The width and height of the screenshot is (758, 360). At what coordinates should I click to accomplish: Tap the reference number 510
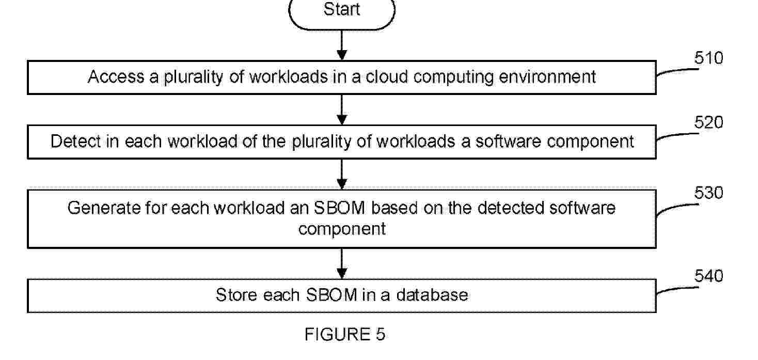pos(708,58)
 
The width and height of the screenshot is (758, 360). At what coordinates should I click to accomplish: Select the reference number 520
pos(708,122)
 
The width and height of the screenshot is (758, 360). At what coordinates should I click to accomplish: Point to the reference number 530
pos(708,193)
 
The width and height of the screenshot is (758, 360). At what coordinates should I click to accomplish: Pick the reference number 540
pos(708,276)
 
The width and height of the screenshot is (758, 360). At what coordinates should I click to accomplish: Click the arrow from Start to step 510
pos(342,45)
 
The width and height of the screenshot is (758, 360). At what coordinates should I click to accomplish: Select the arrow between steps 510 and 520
pos(342,109)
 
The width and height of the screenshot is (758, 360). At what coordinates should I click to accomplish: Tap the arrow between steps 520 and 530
pos(342,174)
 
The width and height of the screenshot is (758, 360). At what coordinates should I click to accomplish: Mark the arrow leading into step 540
pos(342,263)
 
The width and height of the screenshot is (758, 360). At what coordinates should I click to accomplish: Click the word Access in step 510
pos(116,77)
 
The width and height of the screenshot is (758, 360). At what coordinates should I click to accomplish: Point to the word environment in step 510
pos(547,77)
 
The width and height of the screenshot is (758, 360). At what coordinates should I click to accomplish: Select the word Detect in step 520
pos(75,141)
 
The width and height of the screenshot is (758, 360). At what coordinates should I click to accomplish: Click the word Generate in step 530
pos(104,208)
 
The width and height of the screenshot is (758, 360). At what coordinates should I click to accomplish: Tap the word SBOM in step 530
pos(339,208)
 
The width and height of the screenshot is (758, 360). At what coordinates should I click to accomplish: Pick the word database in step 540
pos(432,295)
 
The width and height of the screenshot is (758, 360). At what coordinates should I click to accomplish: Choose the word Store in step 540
pos(236,295)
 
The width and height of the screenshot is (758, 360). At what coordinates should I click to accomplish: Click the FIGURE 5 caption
pos(345,334)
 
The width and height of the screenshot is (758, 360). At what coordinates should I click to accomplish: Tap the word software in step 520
pos(508,141)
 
